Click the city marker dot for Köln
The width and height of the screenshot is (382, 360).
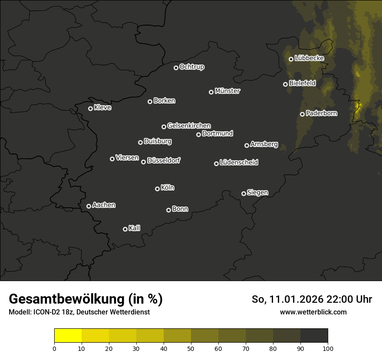pyautogui.click(x=157, y=189)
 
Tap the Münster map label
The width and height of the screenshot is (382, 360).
pyautogui.click(x=227, y=91)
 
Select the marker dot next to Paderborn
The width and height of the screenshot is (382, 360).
pyautogui.click(x=302, y=114)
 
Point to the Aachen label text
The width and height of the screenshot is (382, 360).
pyautogui.click(x=104, y=205)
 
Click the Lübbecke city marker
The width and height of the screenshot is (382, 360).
pyautogui.click(x=291, y=59)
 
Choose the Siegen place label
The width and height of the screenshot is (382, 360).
pyautogui.click(x=257, y=193)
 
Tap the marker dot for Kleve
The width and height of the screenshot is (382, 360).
pyautogui.click(x=90, y=108)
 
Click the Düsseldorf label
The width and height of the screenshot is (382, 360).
pyautogui.click(x=164, y=160)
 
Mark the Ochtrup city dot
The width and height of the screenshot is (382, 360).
pyautogui.click(x=176, y=68)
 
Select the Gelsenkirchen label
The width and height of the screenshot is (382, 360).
pyautogui.click(x=189, y=126)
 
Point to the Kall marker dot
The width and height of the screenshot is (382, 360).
pyautogui.click(x=125, y=229)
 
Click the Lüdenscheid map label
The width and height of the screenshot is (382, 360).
pyautogui.click(x=239, y=163)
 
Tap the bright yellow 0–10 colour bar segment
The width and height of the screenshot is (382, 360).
pyautogui.click(x=68, y=335)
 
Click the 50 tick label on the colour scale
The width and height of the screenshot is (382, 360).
pyautogui.click(x=191, y=348)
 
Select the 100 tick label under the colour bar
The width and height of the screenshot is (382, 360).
pyautogui.click(x=328, y=348)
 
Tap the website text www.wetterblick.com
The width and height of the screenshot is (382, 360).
pyautogui.click(x=313, y=312)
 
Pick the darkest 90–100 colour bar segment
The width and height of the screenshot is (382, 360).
pyautogui.click(x=314, y=335)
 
